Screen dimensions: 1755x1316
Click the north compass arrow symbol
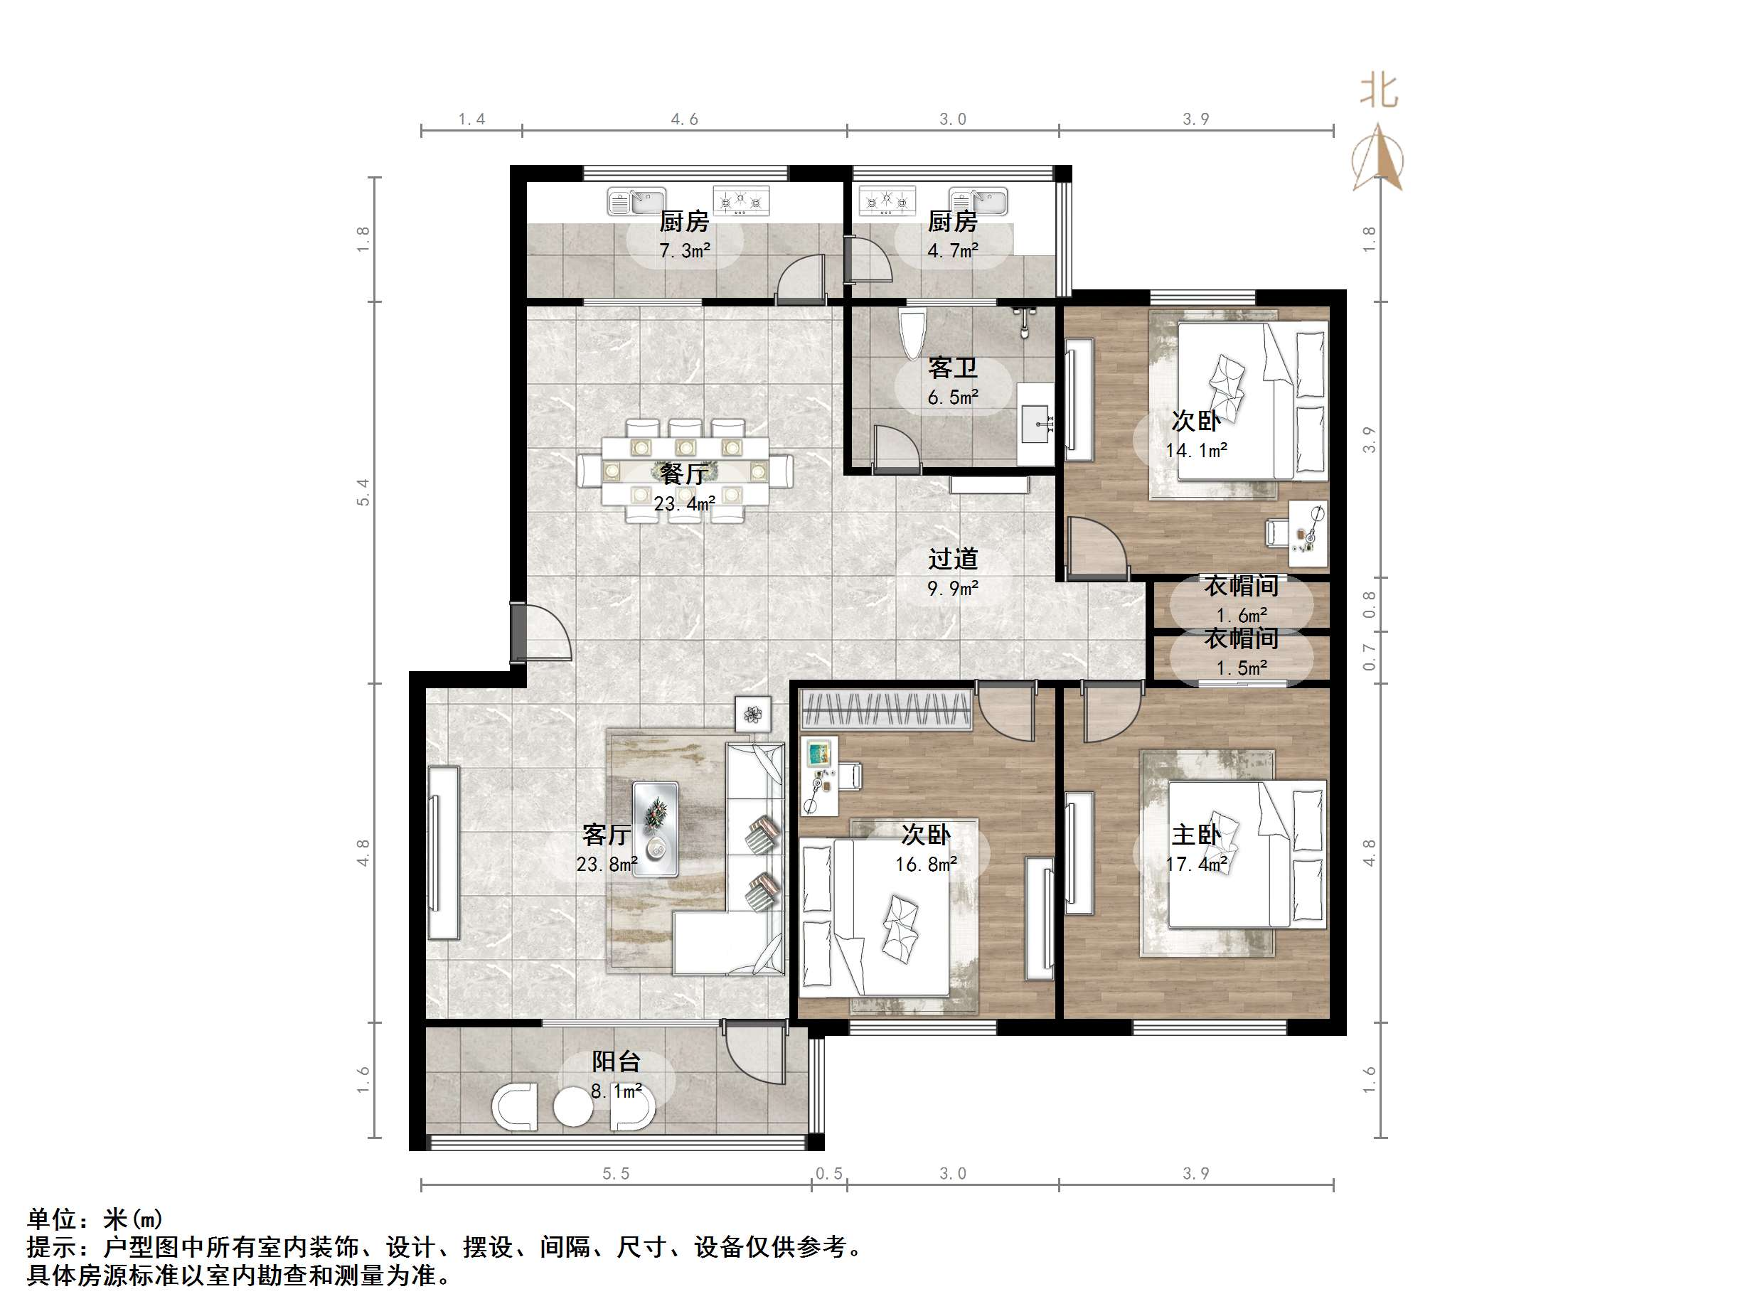[1378, 158]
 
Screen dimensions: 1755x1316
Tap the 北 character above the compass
[1379, 90]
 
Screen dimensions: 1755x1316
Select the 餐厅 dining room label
[684, 474]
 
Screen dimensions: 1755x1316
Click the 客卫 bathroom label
[952, 368]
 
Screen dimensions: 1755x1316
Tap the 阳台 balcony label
[616, 1061]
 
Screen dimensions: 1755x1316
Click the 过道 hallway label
[952, 560]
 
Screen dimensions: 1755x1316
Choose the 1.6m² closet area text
[1242, 615]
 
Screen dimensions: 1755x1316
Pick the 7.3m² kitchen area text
[684, 251]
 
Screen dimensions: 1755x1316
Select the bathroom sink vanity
[1035, 424]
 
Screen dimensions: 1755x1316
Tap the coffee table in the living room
[656, 829]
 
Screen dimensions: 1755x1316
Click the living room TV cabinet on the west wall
[444, 852]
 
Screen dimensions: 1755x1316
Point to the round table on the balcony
[573, 1108]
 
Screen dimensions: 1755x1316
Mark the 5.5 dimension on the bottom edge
[616, 1173]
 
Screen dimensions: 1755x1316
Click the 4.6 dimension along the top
[684, 119]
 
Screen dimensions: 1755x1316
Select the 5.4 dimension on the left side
[363, 492]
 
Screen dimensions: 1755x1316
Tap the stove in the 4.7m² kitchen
[887, 201]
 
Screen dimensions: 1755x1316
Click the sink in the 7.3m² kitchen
[636, 201]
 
